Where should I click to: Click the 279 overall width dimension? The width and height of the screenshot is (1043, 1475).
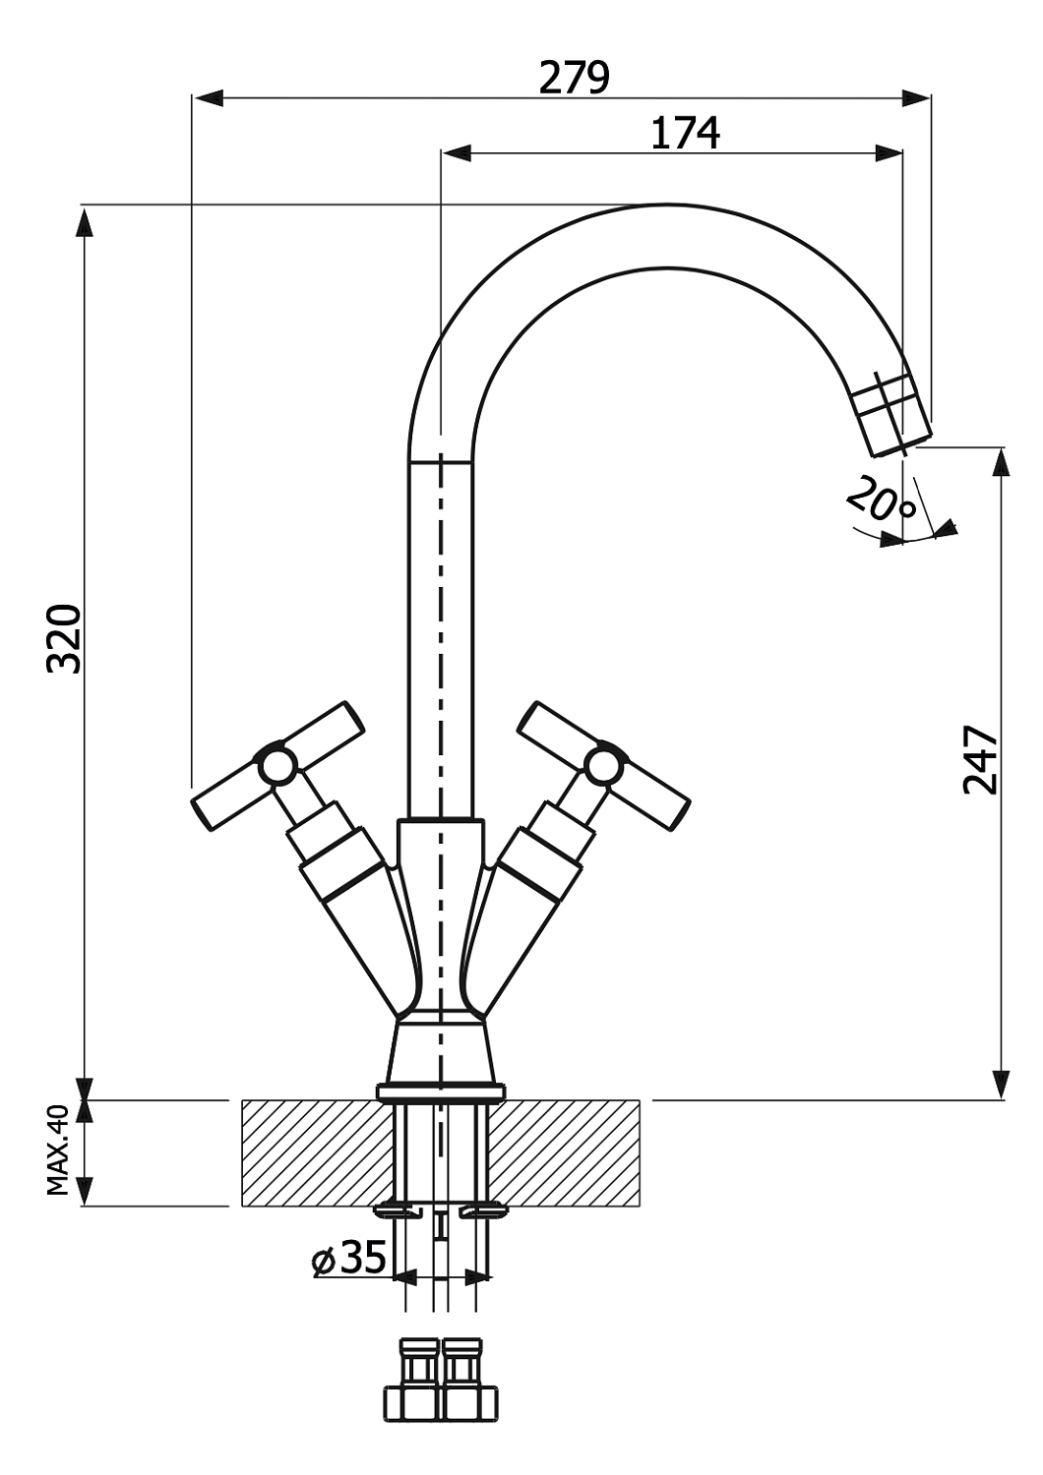(574, 77)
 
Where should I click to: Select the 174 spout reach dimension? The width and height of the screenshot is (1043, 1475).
(685, 133)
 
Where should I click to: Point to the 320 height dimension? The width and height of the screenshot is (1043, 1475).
(65, 638)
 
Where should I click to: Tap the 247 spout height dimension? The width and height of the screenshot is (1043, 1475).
(981, 759)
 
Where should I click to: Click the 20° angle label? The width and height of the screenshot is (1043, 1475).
(880, 499)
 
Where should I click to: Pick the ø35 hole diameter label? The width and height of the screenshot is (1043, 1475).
(349, 1258)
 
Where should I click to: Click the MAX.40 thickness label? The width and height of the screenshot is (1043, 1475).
(58, 1150)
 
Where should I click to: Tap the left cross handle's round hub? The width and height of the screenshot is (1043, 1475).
(276, 766)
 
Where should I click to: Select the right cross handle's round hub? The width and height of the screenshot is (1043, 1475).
(603, 766)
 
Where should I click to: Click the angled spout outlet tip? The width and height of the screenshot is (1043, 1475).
(890, 418)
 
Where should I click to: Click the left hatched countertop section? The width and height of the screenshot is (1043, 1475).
(315, 1152)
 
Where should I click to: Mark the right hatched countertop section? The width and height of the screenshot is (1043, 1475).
(566, 1152)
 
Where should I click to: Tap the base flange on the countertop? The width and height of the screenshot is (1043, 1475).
(440, 1091)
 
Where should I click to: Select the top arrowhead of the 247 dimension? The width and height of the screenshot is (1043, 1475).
(1001, 462)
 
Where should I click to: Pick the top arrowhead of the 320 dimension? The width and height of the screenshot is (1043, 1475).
(86, 221)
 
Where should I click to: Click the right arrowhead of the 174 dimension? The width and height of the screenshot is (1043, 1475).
(890, 152)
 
